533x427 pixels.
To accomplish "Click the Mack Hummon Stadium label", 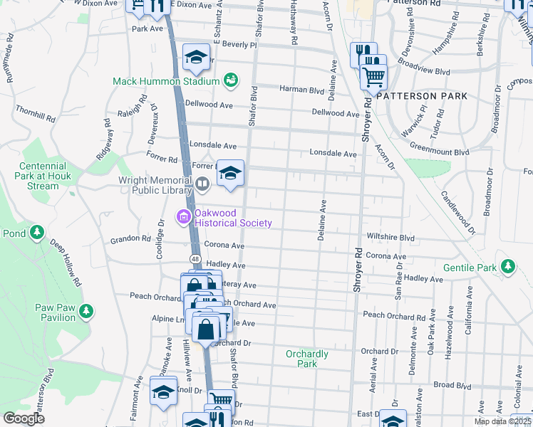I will point(166,81).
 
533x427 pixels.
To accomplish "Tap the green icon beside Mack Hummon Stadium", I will point(230,80).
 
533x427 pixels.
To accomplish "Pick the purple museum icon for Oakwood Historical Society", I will point(183,217).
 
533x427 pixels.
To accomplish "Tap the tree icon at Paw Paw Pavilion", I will point(86,311).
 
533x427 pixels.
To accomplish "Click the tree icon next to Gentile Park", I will point(507,267).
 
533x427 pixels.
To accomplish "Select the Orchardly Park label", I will point(306,359).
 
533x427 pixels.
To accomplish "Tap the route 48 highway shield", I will point(195,257).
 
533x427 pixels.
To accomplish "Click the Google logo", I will point(24,418).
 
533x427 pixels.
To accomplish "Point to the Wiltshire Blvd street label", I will point(390,237).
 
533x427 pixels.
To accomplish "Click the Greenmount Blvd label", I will point(439,152).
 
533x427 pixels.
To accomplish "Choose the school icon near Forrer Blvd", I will point(230,173).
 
